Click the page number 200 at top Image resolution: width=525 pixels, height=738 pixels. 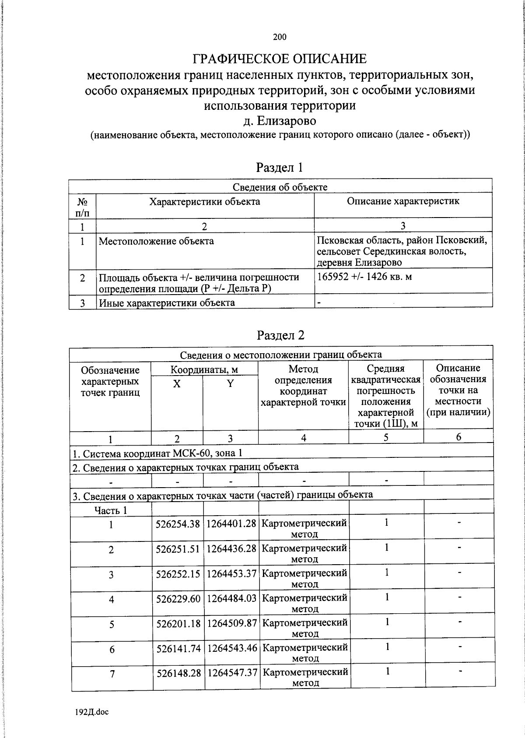(280, 37)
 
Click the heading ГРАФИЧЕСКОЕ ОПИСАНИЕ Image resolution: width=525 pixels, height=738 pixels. (280, 59)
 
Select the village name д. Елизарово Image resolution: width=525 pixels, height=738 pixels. (280, 120)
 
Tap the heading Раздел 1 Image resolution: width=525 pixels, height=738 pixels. (280, 167)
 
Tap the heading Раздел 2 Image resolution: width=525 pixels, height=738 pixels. (280, 335)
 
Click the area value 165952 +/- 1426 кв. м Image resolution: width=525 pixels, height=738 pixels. (364, 277)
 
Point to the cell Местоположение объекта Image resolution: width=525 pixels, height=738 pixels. (156, 241)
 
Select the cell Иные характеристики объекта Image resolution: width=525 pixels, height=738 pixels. (167, 303)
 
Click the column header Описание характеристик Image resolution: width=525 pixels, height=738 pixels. (403, 201)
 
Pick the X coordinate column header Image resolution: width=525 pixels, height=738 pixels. (177, 384)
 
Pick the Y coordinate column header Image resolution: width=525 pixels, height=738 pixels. (231, 384)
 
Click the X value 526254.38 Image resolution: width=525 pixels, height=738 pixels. (178, 524)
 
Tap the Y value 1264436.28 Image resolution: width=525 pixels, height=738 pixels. (231, 548)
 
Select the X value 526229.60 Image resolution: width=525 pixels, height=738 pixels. (178, 598)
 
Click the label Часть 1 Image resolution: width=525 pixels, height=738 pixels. (111, 510)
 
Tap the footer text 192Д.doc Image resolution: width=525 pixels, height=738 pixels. (92, 712)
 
